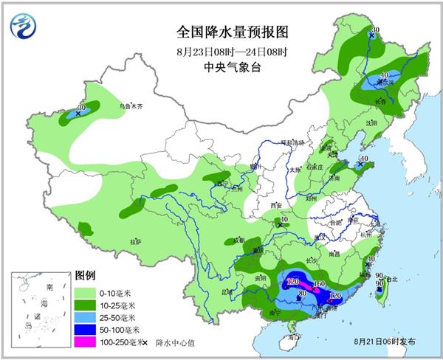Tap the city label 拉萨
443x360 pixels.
(x=134, y=241)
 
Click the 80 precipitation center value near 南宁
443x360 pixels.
(x=301, y=296)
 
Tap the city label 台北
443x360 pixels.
(x=391, y=279)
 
